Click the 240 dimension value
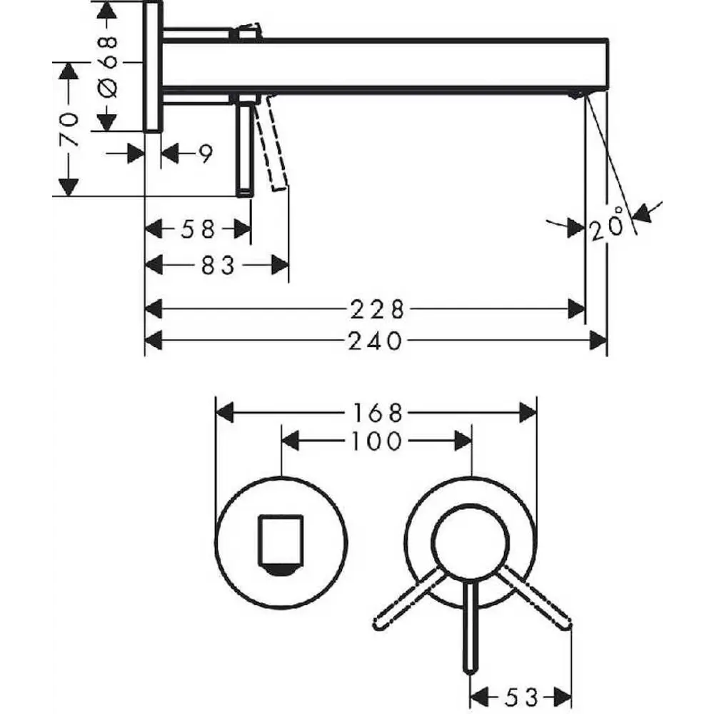pos(376,341)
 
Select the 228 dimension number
pos(377,310)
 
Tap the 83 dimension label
pos(218,265)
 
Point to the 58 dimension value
pos(198,229)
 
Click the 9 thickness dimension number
pos(206,154)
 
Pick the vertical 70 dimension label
pos(69,130)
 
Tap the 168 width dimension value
pos(377,413)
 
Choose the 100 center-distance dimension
pos(376,441)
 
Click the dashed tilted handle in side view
pos(272,142)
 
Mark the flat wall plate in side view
pos(153,66)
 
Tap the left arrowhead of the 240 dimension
pos(154,341)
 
